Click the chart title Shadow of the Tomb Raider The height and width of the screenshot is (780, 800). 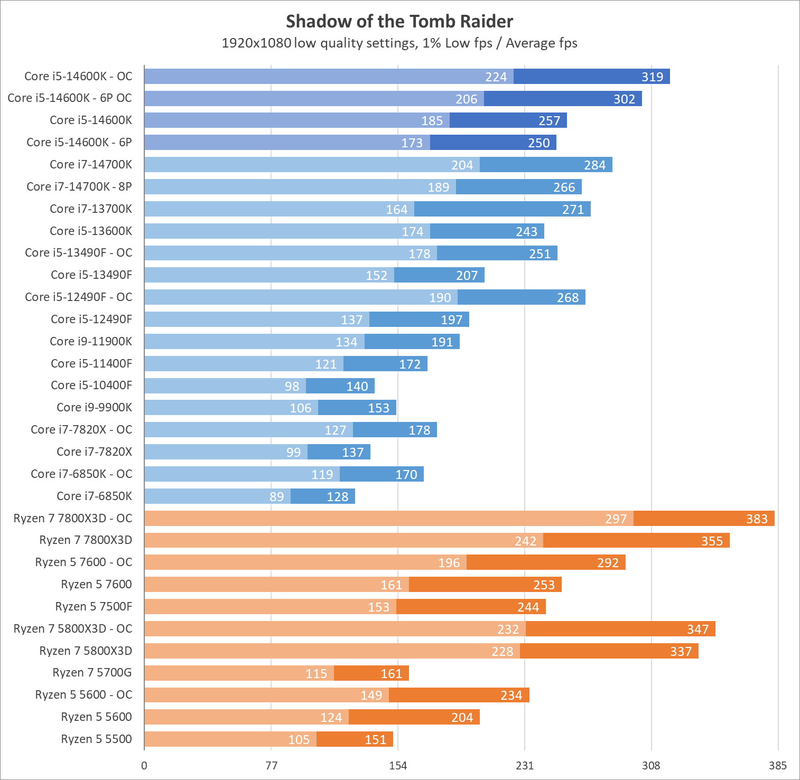399,22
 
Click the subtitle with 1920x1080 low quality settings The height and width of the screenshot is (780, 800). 399,43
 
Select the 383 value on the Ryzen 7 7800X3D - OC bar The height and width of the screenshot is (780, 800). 757,519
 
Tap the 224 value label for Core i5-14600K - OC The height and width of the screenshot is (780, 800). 496,77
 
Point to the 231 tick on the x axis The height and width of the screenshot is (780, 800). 525,766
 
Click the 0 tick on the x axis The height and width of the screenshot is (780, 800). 144,766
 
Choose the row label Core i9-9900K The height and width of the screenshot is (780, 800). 94,408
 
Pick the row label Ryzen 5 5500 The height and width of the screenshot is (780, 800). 96,739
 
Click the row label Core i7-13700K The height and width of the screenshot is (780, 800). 91,209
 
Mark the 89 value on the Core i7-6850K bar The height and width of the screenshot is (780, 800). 276,497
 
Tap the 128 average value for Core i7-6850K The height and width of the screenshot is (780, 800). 337,497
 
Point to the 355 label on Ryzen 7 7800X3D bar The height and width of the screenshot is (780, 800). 712,541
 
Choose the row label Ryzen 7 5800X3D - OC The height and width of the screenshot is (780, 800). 73,629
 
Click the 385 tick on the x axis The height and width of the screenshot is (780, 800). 778,766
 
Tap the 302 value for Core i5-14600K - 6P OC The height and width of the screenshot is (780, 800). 624,99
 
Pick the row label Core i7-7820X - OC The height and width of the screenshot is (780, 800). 81,430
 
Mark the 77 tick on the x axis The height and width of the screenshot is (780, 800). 271,766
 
